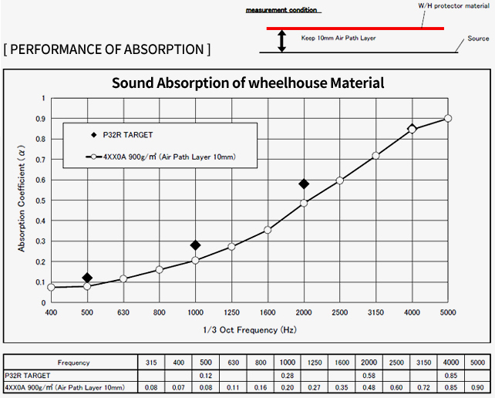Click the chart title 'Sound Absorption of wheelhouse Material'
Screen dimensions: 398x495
pyautogui.click(x=247, y=83)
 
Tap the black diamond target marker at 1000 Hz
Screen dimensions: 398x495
pyautogui.click(x=195, y=245)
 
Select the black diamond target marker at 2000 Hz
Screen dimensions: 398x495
pyautogui.click(x=304, y=184)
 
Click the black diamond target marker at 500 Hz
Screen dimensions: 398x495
pyautogui.click(x=87, y=278)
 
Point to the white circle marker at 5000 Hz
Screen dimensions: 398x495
pyautogui.click(x=448, y=118)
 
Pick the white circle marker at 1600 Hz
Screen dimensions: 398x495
pyautogui.click(x=268, y=230)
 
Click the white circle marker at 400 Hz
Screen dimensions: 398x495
pyautogui.click(x=52, y=287)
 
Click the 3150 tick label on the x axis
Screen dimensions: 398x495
pyautogui.click(x=375, y=313)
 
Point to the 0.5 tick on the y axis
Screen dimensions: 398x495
pyautogui.click(x=42, y=201)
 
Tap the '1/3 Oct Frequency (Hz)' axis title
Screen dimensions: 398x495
pyautogui.click(x=249, y=329)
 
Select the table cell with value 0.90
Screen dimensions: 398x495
pyautogui.click(x=478, y=386)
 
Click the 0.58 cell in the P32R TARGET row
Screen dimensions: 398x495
pyautogui.click(x=369, y=374)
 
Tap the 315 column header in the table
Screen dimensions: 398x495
pyautogui.click(x=152, y=362)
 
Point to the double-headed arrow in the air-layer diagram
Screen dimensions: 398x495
pyautogui.click(x=281, y=41)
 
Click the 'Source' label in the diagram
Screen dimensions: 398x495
pyautogui.click(x=478, y=38)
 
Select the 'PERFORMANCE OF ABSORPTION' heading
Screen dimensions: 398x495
pyautogui.click(x=106, y=50)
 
